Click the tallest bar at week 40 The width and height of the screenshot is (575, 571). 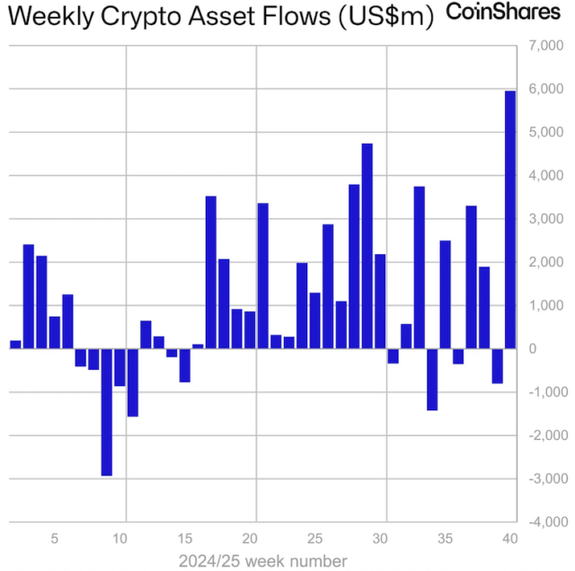(509, 219)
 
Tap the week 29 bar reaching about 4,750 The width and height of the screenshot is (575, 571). (367, 245)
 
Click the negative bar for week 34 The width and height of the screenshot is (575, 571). (432, 379)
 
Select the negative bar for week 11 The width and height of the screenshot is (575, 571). (132, 382)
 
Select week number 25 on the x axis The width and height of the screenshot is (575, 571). (314, 539)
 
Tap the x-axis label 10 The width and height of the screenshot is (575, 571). (119, 539)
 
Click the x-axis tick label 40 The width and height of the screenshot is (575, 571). (509, 539)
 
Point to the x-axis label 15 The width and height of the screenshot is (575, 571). (184, 539)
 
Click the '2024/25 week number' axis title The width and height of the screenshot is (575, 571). (262, 560)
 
